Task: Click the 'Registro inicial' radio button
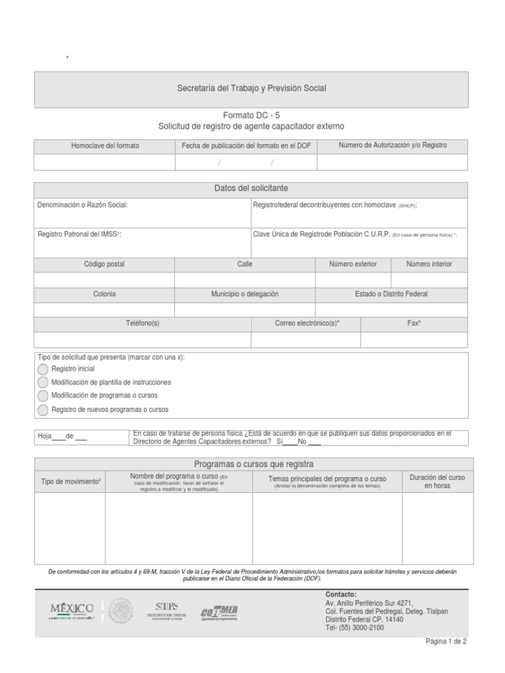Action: point(43,369)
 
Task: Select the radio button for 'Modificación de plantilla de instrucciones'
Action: point(43,382)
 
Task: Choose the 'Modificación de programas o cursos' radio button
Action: point(43,396)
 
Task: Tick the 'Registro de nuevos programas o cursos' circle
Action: point(43,409)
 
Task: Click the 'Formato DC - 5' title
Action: point(251,114)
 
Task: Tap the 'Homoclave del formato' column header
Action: point(105,145)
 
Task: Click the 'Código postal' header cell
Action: point(104,264)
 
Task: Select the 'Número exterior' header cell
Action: point(353,264)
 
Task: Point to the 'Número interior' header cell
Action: point(429,264)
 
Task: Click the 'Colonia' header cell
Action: point(104,294)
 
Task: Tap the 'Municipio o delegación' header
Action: point(245,294)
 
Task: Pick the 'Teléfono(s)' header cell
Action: point(142,323)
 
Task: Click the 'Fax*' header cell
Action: point(414,323)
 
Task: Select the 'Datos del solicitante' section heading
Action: point(251,189)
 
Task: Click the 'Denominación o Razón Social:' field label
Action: point(83,205)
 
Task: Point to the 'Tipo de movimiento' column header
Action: point(70,481)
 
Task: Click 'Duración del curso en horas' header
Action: point(437,481)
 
